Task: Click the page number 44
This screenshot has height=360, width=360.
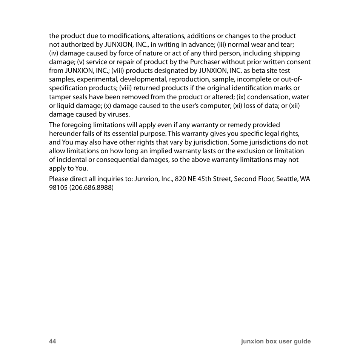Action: coord(52,341)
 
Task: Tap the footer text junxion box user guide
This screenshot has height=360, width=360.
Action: coord(276,341)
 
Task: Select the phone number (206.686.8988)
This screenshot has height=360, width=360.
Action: coord(91,187)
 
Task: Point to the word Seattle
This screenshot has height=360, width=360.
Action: coord(288,178)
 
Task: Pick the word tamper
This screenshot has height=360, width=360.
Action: coord(59,97)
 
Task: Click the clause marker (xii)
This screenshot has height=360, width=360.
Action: coord(294,105)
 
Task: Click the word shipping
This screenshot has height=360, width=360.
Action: coord(286,53)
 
